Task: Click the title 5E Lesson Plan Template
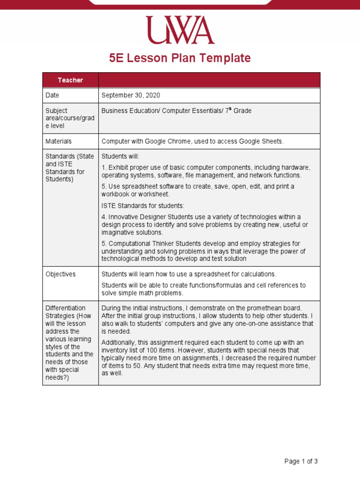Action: tap(180, 58)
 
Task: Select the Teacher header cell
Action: tap(70, 80)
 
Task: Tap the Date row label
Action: tap(52, 95)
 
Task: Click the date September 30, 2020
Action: tap(131, 95)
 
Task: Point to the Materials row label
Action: tap(59, 141)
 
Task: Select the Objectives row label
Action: tap(60, 274)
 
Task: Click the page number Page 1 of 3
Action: tap(301, 461)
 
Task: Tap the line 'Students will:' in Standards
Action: tap(120, 156)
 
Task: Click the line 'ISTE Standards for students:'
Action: tap(143, 205)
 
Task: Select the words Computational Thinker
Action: tap(140, 244)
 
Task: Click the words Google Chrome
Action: tap(165, 141)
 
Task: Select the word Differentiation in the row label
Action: tap(65, 308)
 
